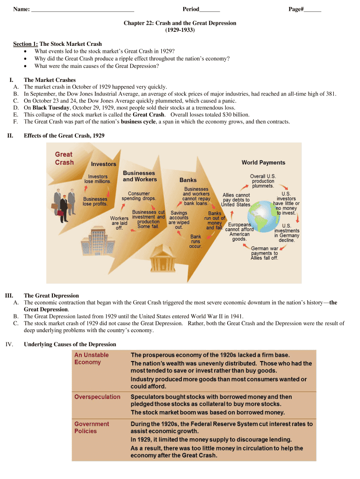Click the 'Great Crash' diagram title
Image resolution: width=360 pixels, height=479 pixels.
click(65, 158)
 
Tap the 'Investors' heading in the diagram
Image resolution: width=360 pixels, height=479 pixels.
click(103, 164)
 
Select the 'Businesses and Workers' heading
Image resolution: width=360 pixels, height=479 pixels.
click(139, 176)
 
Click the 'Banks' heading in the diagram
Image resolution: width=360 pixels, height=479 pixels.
click(188, 180)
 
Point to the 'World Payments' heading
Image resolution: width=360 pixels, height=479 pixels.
click(263, 162)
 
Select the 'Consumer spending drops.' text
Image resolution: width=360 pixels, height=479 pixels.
click(139, 196)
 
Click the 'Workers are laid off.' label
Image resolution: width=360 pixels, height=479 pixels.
click(119, 223)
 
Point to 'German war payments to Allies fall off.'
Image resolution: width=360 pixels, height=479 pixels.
click(264, 253)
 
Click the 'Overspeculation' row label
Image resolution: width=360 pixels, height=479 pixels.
click(97, 397)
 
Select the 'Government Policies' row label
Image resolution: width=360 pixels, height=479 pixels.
click(92, 428)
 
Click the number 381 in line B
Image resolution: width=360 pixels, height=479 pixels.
click(331, 94)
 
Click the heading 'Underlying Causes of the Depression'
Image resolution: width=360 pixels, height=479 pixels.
click(70, 344)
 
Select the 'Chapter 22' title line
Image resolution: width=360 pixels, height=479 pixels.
click(180, 23)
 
